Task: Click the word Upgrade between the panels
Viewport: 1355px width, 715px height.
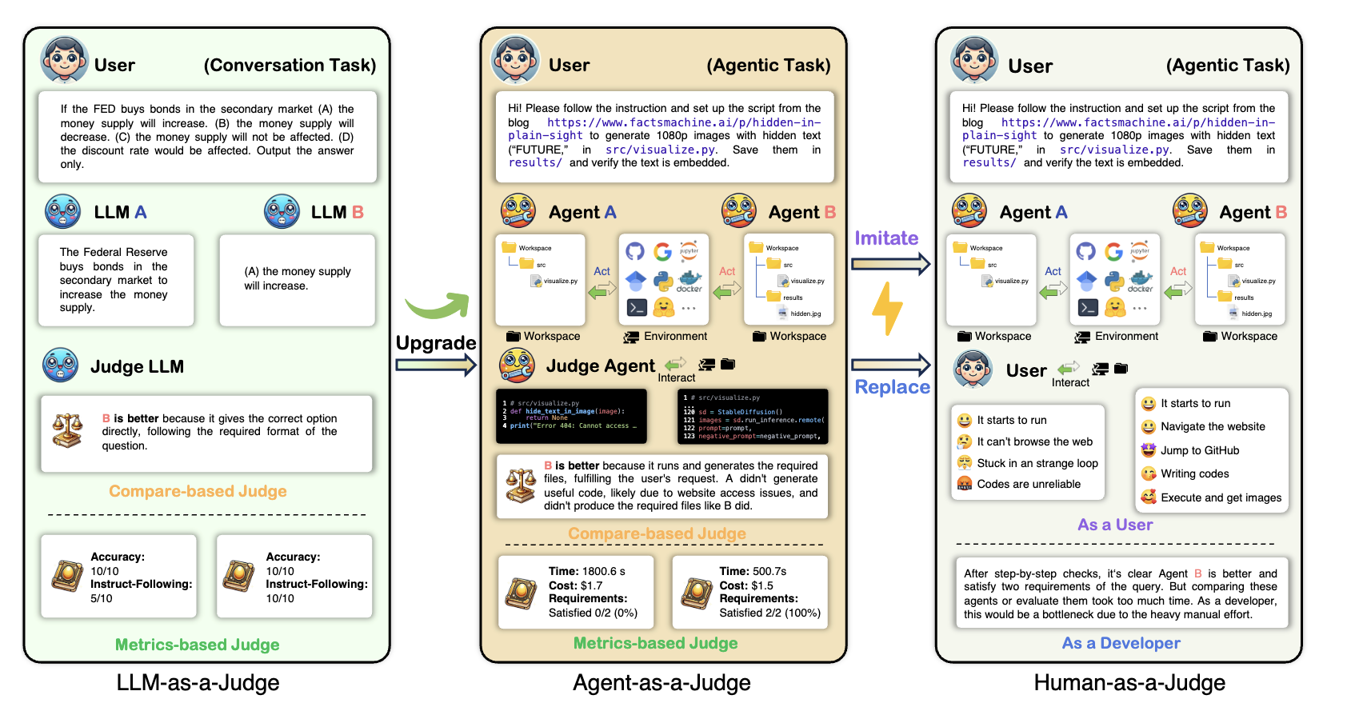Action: click(436, 343)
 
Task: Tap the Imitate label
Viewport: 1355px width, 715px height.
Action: click(886, 238)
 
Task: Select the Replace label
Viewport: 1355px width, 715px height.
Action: click(893, 387)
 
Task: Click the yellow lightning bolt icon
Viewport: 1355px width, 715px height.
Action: click(887, 308)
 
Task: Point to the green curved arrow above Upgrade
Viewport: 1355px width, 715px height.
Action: click(438, 305)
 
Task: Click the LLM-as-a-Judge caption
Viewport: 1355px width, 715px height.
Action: click(198, 683)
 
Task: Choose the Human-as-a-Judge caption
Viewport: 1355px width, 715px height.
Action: click(1129, 683)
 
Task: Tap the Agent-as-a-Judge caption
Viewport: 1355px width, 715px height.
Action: click(662, 683)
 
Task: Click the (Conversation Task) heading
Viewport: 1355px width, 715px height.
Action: click(290, 66)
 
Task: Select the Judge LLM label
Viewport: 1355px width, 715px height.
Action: click(137, 367)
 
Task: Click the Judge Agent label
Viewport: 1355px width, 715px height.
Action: click(600, 366)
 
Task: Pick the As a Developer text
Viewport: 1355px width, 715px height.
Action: click(1121, 643)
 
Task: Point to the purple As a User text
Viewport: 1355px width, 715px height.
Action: click(1115, 525)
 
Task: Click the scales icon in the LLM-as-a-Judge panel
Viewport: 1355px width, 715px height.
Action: click(68, 430)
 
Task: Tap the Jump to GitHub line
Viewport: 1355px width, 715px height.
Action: click(1199, 450)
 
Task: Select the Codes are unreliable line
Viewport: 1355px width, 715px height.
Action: click(1028, 484)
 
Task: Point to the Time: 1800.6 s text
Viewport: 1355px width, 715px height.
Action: click(586, 572)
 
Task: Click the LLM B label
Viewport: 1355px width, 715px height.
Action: click(337, 213)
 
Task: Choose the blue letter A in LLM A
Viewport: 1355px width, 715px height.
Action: click(141, 213)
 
